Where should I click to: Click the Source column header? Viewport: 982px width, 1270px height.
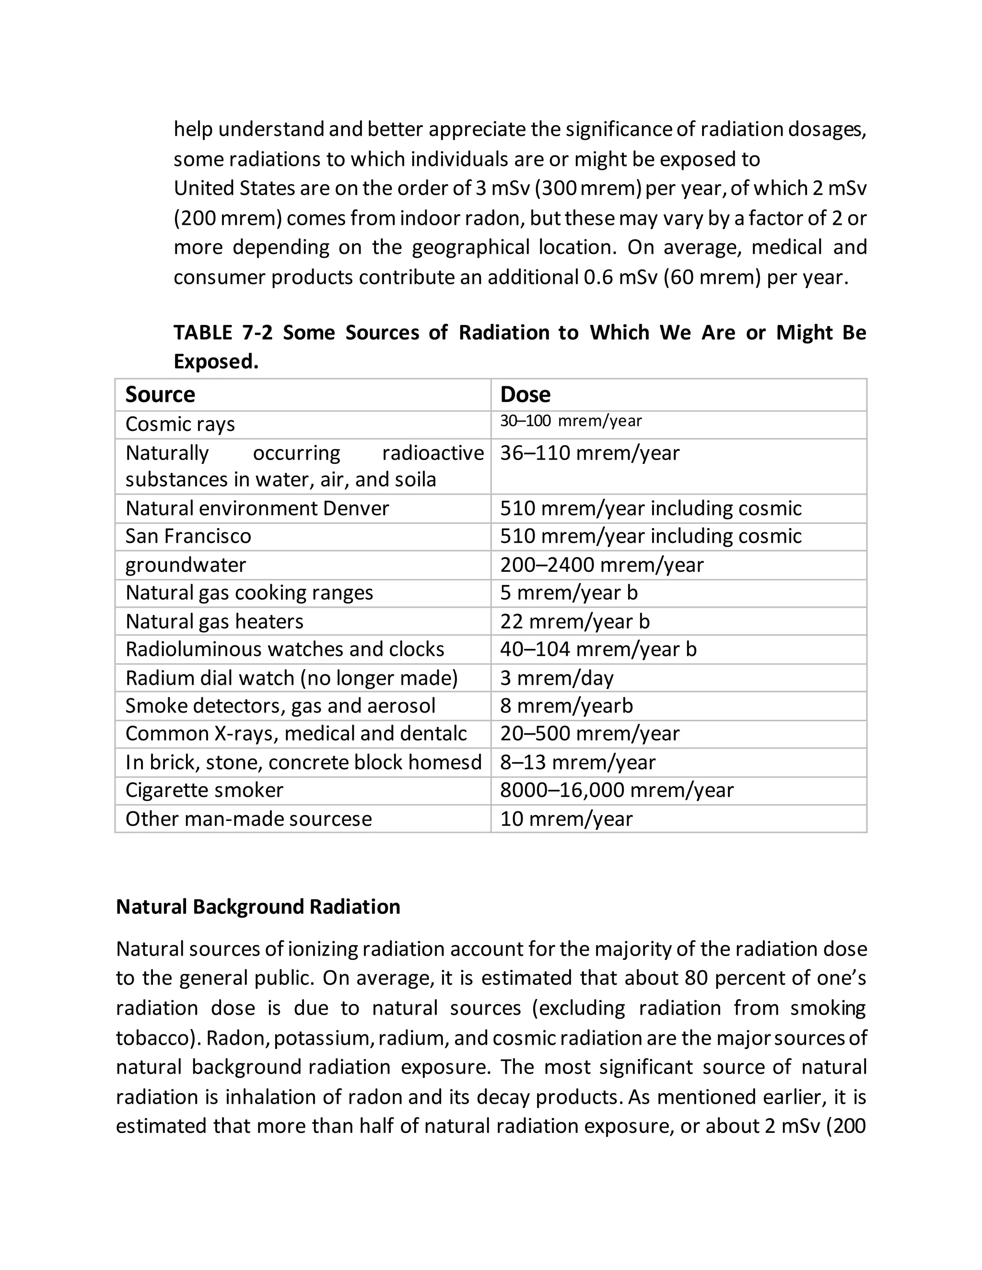[x=160, y=395]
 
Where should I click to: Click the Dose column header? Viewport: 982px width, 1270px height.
[x=525, y=395]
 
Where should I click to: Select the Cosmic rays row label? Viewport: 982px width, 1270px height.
[x=180, y=425]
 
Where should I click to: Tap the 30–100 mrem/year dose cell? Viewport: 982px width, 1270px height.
[x=571, y=421]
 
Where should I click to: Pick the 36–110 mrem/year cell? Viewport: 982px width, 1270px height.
[x=589, y=453]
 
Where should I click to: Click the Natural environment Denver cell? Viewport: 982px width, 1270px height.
[x=257, y=508]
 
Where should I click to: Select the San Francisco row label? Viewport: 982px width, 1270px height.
[x=188, y=536]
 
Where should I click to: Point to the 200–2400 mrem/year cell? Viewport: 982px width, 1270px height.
[x=602, y=565]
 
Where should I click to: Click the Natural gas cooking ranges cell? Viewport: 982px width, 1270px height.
[x=249, y=592]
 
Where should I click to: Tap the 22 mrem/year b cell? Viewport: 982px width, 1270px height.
[x=574, y=622]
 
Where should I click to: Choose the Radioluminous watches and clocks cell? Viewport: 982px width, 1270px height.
[x=284, y=649]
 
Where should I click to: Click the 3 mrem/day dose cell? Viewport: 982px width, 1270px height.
[x=557, y=678]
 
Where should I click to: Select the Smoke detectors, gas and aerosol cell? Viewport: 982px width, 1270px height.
[x=280, y=706]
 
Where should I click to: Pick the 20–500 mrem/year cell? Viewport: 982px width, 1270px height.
[x=589, y=734]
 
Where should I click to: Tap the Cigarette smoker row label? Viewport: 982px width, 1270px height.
[x=204, y=790]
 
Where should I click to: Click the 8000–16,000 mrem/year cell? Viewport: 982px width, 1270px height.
[x=617, y=790]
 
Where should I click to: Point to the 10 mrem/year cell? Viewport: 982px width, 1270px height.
[x=566, y=819]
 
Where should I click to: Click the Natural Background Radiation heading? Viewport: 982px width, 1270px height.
[x=257, y=907]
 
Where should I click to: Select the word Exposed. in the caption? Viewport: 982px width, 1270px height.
[x=216, y=362]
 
